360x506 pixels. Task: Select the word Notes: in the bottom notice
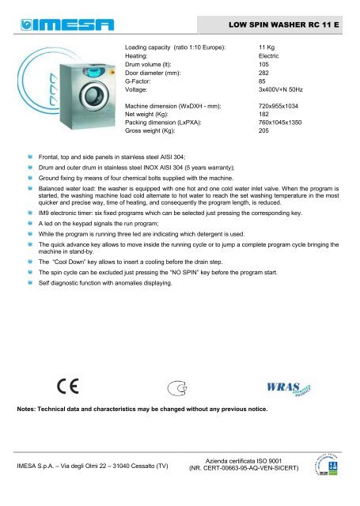31,411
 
